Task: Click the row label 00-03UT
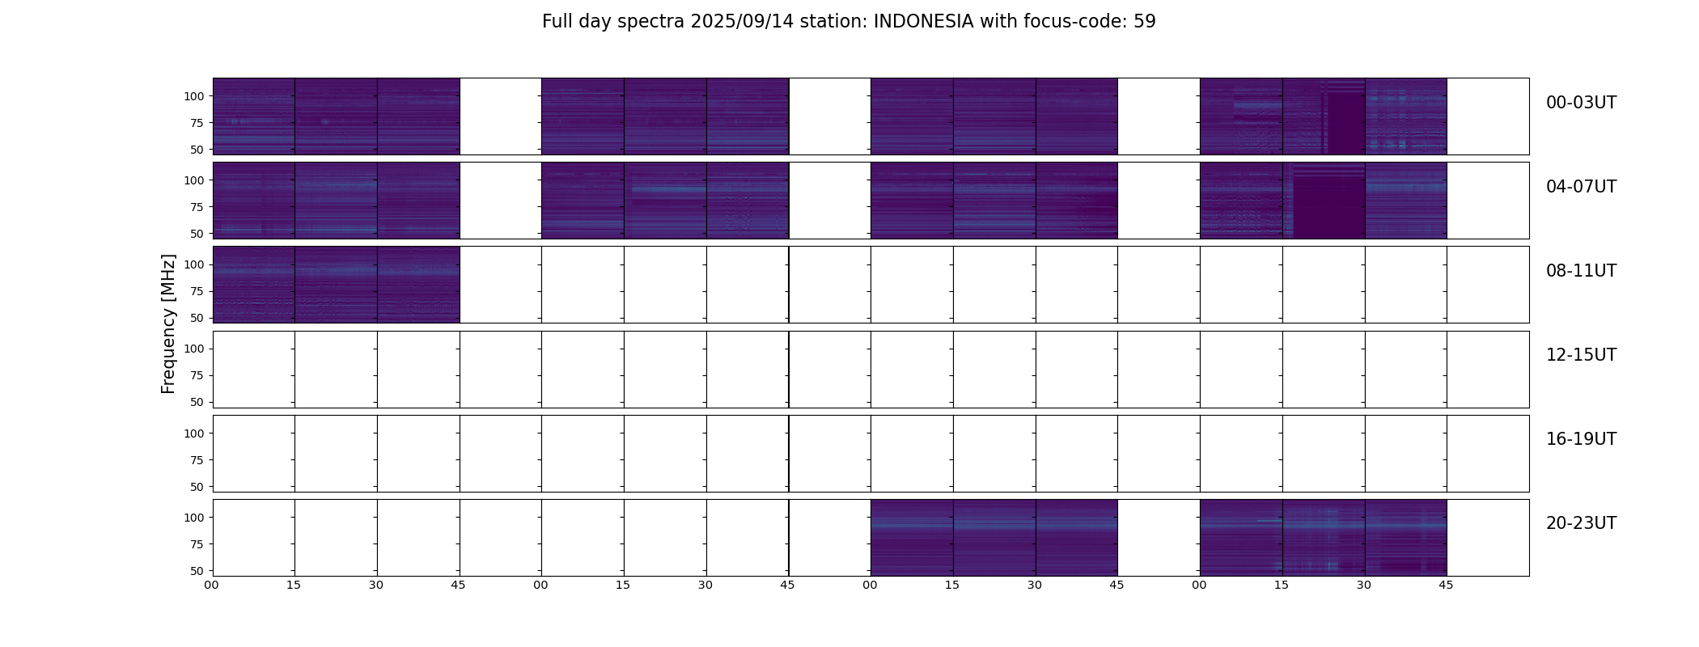tap(1581, 103)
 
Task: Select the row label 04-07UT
tap(1581, 187)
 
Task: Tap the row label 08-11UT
tap(1581, 271)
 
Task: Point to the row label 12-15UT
tap(1581, 355)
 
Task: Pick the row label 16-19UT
tap(1581, 439)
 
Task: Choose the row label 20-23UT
tap(1581, 523)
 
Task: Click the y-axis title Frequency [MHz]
tap(168, 323)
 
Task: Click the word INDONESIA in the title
tap(923, 22)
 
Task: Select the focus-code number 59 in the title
tap(1144, 22)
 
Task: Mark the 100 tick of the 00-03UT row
tap(194, 96)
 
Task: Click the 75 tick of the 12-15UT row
tap(197, 376)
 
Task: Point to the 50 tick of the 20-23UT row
tap(197, 571)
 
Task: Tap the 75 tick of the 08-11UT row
tap(197, 292)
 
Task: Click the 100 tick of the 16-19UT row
tap(194, 433)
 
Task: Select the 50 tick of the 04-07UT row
tap(197, 234)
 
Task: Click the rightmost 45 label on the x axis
tap(1446, 585)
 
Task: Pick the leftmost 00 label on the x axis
tap(212, 585)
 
